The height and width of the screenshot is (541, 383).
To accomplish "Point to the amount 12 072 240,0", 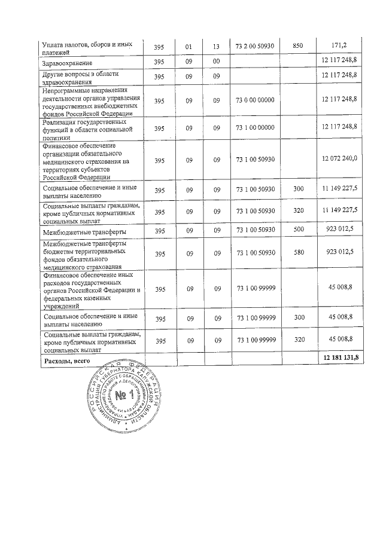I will [339, 158].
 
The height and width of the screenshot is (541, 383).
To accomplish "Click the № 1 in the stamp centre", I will [123, 397].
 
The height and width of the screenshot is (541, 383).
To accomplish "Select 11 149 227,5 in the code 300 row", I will [339, 188].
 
